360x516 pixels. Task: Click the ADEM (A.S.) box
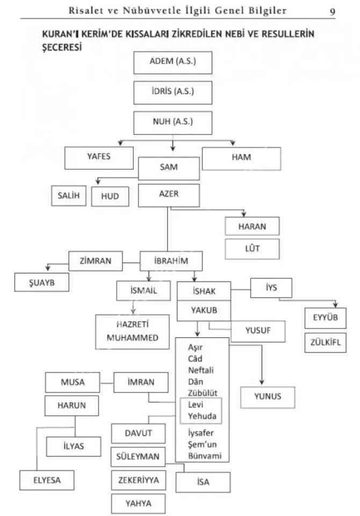(172, 62)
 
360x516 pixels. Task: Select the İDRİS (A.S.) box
(172, 92)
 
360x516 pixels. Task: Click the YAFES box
(98, 157)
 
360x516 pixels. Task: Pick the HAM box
(242, 157)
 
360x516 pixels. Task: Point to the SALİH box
(68, 196)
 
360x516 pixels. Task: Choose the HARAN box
(252, 226)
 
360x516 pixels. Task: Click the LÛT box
(252, 248)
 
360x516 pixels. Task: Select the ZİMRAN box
(96, 262)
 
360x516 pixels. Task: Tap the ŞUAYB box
(41, 281)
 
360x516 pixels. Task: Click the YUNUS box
(268, 398)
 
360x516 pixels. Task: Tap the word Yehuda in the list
(201, 415)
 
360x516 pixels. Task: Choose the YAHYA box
(138, 503)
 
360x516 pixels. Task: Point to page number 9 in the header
(332, 11)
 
